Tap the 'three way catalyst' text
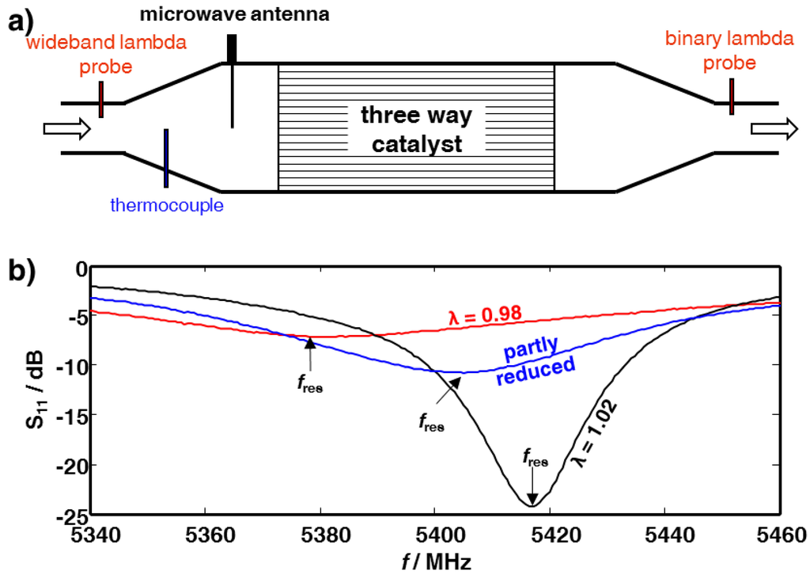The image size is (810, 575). tap(416, 129)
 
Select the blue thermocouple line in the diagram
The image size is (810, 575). tap(165, 158)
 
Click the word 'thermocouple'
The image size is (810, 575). tap(168, 206)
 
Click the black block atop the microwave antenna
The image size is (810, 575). tap(232, 48)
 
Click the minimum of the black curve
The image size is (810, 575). tap(531, 505)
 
